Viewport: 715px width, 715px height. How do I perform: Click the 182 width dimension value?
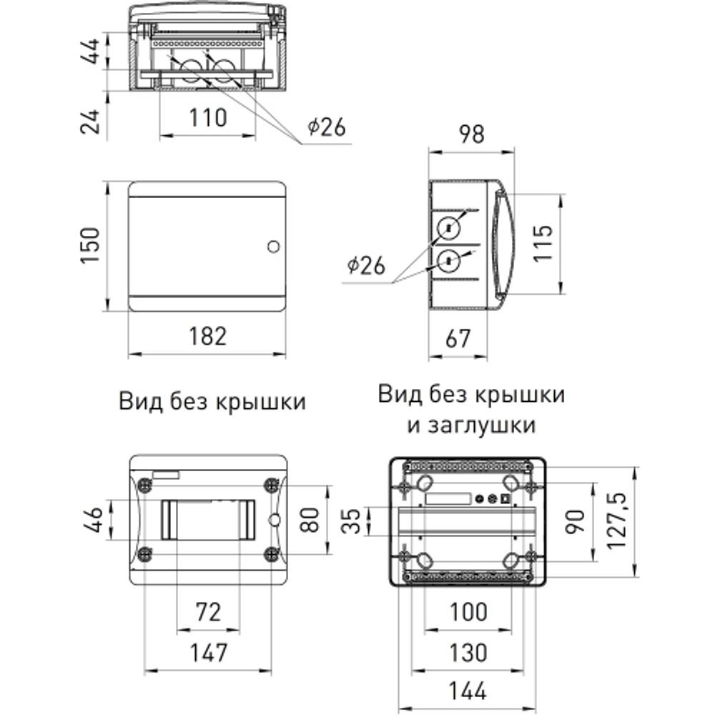[x=207, y=336]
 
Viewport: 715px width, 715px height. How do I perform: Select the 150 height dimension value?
[x=91, y=246]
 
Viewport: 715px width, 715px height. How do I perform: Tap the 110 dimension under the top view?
[x=207, y=117]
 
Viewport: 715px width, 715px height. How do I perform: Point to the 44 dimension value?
[x=91, y=51]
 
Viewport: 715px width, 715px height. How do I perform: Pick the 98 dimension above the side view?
[x=471, y=134]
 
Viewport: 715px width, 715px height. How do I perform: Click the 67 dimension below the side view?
[x=458, y=338]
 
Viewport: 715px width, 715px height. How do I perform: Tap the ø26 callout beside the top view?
[x=327, y=127]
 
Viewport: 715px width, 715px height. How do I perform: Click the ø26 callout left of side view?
[x=366, y=266]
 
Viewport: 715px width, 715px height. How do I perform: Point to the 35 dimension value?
[x=350, y=521]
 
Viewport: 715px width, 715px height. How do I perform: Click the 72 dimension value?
[x=207, y=612]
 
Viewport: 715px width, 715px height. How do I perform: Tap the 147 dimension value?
[x=207, y=652]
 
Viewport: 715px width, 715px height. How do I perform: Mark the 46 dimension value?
[x=91, y=520]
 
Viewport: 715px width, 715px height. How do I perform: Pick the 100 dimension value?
[x=470, y=612]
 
